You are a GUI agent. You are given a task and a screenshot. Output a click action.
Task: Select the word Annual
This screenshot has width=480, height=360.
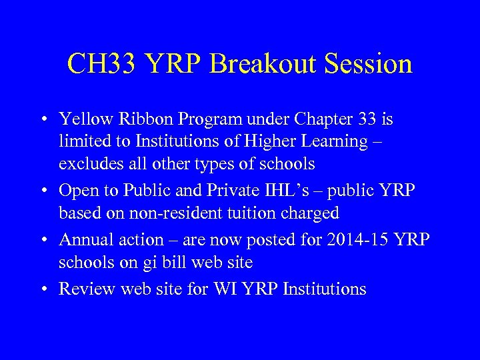(x=84, y=239)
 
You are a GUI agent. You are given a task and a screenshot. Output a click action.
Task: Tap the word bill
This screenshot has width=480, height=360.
(x=175, y=263)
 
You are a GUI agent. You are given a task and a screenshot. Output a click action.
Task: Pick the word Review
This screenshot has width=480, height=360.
(x=84, y=289)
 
